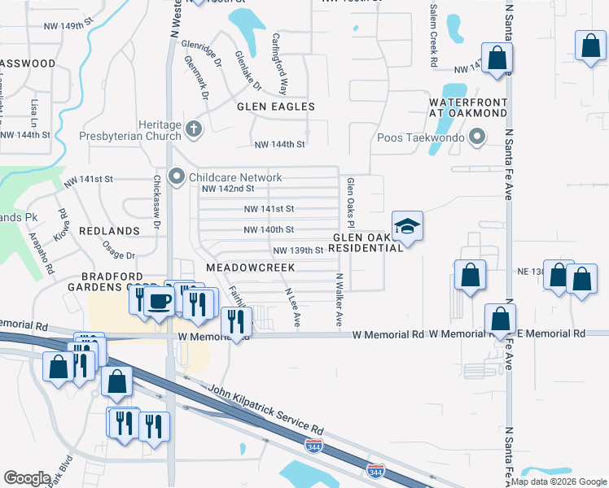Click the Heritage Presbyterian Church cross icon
(193, 129)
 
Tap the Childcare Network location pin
(176, 176)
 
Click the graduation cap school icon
(408, 225)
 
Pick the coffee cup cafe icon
(159, 300)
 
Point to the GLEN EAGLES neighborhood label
(275, 107)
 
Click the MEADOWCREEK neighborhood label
(249, 267)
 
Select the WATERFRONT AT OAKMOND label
(469, 107)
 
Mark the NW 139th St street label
(298, 251)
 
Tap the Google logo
(27, 478)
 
